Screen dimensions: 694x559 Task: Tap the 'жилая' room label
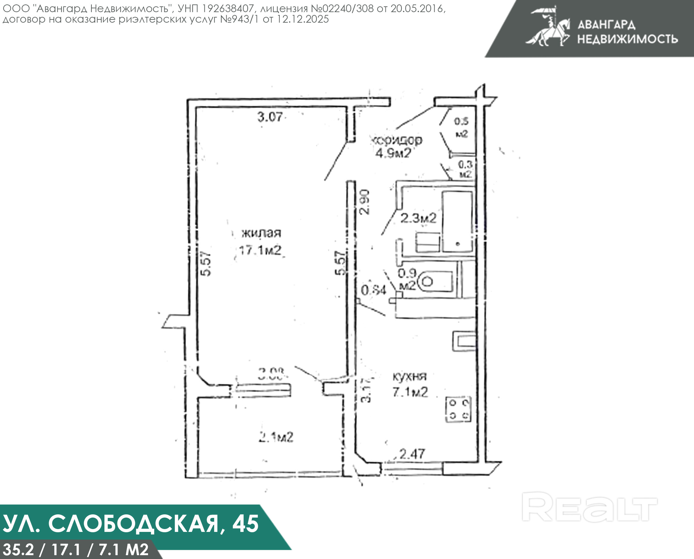261,233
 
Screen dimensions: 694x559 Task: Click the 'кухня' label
409,376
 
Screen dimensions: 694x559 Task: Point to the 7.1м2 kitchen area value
410,392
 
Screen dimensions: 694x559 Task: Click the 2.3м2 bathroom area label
418,218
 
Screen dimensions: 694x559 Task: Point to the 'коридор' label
397,140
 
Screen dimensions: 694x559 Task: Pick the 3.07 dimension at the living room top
270,117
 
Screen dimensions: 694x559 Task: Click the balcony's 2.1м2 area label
276,438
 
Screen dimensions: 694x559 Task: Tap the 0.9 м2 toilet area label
407,279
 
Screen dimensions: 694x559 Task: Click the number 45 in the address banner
245,524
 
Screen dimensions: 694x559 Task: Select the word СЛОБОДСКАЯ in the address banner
134,524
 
